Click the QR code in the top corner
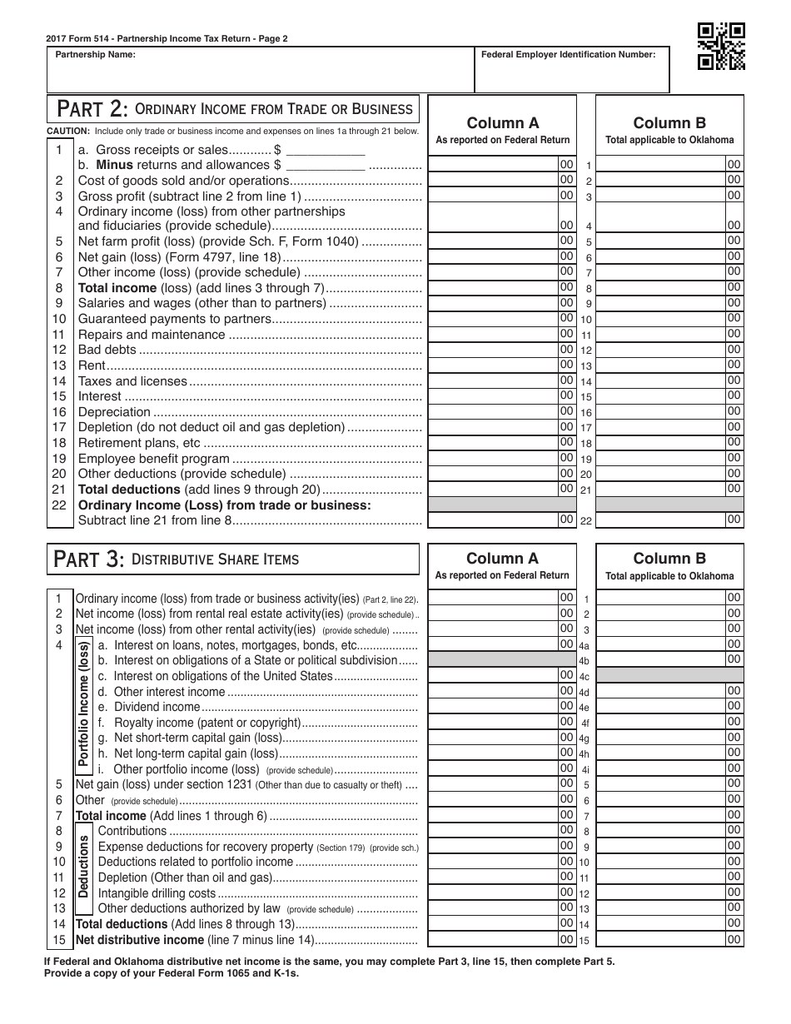point(720,46)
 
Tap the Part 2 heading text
point(233,109)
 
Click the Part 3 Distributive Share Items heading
point(233,559)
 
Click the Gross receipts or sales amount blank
point(326,150)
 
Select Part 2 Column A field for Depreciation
point(493,411)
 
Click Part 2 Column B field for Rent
point(661,365)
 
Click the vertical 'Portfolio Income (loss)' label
point(83,703)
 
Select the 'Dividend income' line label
point(146,707)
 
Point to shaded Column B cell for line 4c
point(669,675)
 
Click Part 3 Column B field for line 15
point(661,939)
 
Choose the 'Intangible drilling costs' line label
point(157,893)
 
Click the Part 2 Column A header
point(502,130)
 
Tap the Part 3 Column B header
point(669,565)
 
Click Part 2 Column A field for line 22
point(493,519)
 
